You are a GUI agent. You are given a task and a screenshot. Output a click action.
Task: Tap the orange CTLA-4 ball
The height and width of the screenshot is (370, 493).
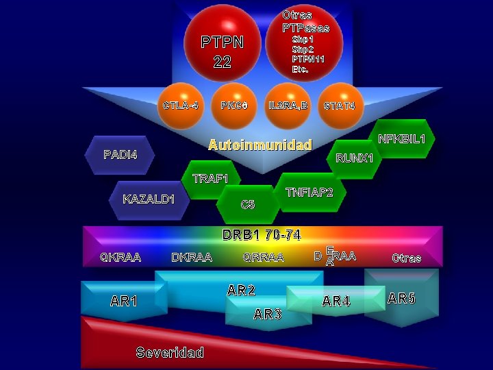coord(181,106)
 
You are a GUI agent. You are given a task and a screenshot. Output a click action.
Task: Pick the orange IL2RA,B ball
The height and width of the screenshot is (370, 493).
coord(288,106)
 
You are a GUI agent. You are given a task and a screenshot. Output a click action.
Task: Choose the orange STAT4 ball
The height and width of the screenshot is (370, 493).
coord(340,106)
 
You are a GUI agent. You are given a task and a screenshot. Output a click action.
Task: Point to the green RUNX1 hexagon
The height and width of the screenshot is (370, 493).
coord(354,159)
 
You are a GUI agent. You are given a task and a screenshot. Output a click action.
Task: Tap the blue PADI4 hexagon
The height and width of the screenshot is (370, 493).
coord(121,154)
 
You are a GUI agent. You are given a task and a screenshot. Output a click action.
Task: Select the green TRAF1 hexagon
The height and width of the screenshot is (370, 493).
coord(211,179)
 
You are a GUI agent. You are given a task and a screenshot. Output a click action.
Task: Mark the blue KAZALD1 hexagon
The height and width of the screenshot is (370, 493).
coord(149,199)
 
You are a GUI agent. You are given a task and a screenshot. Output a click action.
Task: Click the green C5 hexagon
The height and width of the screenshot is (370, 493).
coord(247,204)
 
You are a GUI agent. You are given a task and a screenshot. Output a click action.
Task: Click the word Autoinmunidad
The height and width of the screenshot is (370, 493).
coord(260,145)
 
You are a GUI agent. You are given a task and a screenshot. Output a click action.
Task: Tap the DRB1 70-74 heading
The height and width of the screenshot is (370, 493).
coord(262,235)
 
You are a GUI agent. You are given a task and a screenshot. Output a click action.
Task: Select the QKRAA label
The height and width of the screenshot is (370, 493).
coord(121,258)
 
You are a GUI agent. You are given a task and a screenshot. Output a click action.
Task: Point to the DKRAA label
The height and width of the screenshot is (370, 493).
coord(191,258)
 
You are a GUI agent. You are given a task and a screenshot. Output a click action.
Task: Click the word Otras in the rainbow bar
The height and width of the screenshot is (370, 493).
coord(407,258)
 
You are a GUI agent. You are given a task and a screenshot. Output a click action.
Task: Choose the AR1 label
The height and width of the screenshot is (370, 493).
coord(124,301)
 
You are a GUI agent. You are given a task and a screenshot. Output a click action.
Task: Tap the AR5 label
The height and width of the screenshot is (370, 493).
coord(401,298)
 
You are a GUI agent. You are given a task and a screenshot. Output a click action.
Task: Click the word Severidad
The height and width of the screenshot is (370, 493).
coord(170,353)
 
